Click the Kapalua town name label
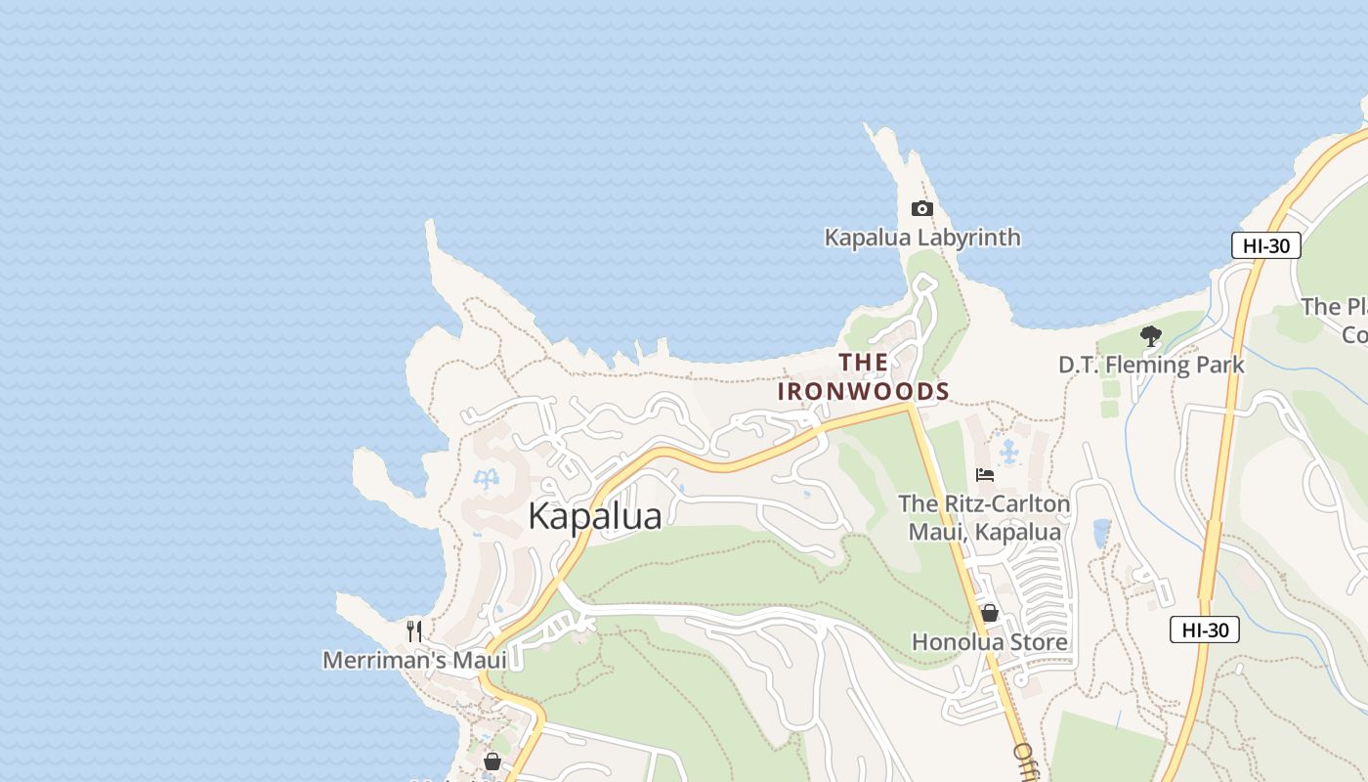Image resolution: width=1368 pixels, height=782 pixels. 594,516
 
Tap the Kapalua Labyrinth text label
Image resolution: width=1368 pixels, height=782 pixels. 922,238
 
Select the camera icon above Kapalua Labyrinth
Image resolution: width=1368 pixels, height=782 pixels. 921,208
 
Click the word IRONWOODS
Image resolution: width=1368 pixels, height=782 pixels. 863,392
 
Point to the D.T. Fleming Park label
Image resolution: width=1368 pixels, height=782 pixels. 1150,366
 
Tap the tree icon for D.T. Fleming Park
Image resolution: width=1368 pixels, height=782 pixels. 1151,336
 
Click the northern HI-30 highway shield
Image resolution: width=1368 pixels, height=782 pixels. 1265,245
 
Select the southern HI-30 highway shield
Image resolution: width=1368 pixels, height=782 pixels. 1204,630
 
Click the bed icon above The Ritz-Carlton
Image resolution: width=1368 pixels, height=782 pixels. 985,475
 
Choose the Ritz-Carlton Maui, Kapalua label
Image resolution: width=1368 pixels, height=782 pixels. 984,518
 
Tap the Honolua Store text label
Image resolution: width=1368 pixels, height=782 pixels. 989,642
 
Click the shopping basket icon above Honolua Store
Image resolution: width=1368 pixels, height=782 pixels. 989,613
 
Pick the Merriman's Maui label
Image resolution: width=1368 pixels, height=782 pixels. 414,661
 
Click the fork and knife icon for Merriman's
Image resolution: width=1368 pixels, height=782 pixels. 414,630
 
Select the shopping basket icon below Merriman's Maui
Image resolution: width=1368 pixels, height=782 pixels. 492,760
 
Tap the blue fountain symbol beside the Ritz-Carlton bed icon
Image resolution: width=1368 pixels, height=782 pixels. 1008,452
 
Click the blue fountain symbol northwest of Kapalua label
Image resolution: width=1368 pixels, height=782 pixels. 486,478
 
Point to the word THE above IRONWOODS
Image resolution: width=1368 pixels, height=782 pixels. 863,363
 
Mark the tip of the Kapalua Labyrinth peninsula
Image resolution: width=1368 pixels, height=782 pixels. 868,126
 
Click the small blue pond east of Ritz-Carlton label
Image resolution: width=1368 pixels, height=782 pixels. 1101,533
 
